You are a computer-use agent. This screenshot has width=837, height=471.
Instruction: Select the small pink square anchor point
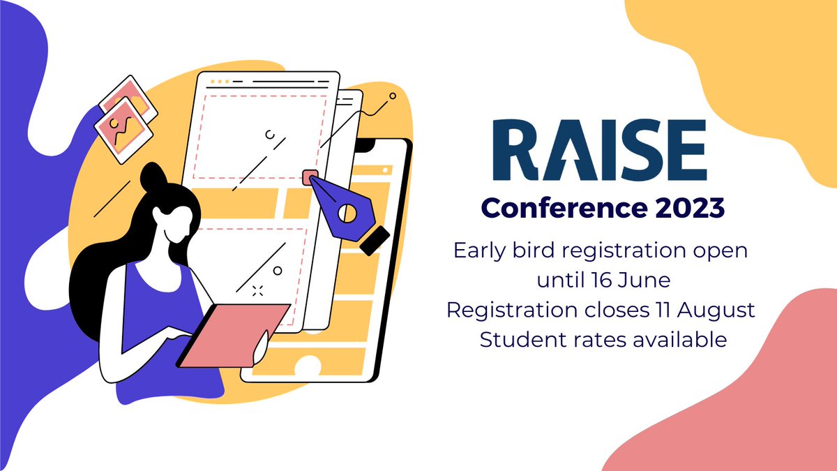pyautogui.click(x=310, y=177)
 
